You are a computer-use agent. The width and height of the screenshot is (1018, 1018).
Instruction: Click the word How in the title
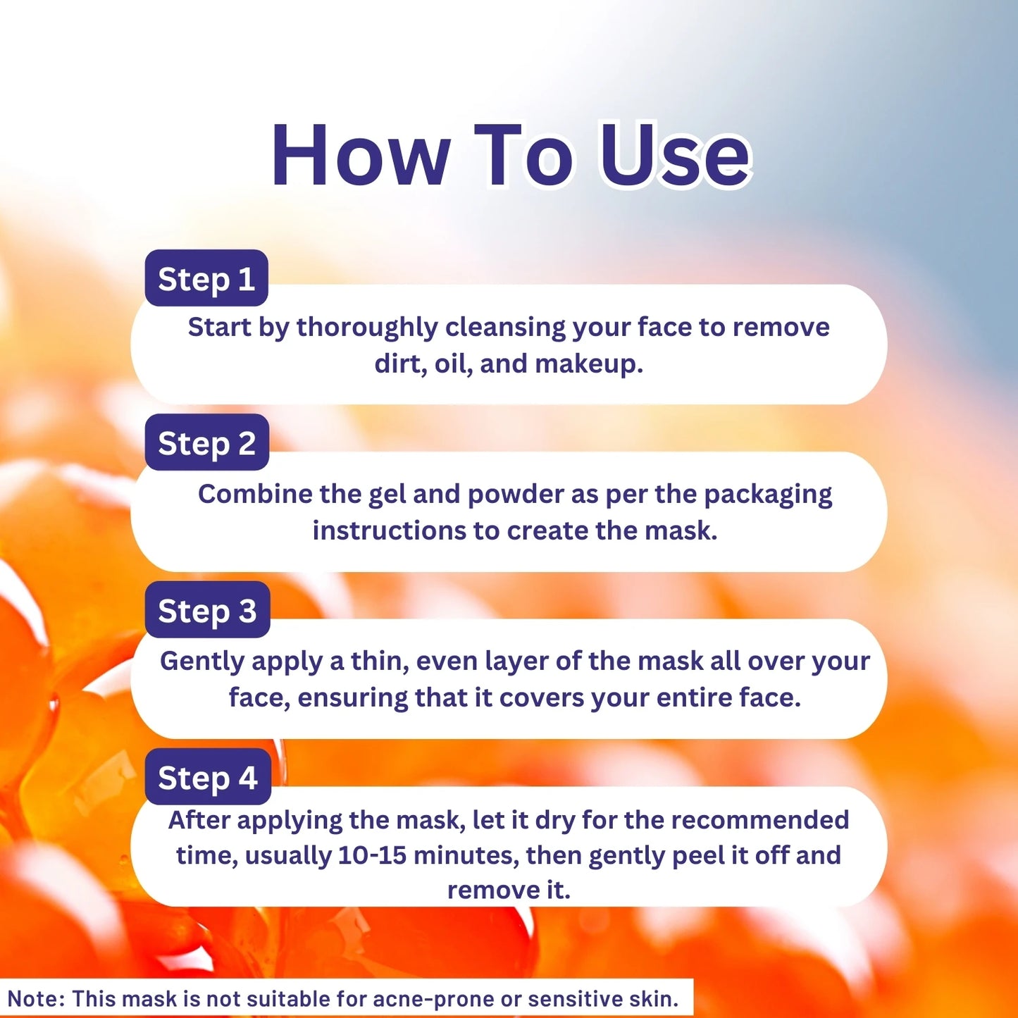[360, 155]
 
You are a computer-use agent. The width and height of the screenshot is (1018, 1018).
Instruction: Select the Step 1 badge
[206, 278]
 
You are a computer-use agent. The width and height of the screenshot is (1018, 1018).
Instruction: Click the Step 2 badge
[207, 442]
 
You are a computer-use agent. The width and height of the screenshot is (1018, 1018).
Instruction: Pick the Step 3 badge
[208, 609]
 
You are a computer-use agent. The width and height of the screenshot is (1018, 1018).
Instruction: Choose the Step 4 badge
[208, 776]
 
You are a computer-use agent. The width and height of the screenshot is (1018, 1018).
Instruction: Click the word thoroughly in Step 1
[367, 328]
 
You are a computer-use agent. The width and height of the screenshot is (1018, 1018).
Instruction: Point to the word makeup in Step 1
[589, 364]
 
